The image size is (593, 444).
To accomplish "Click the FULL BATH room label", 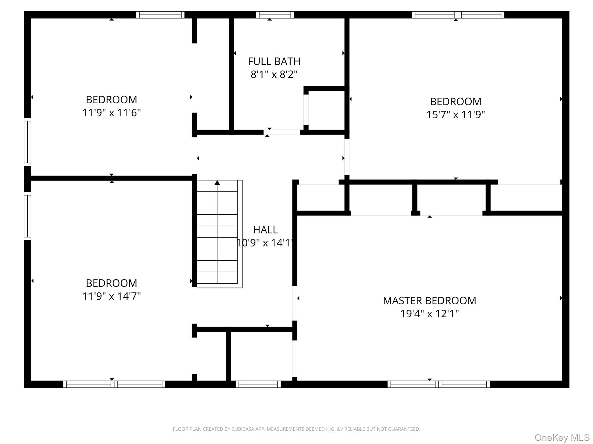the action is [274, 61].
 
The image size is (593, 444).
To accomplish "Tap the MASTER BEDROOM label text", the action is [429, 301].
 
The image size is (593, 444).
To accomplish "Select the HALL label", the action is [266, 230].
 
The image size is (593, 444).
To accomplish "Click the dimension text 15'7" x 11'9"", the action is [455, 115].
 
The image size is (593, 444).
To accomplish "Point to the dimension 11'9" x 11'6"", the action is [111, 113].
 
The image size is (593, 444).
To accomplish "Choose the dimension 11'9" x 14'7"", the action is [111, 296].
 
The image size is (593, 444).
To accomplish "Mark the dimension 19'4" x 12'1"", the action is [429, 314].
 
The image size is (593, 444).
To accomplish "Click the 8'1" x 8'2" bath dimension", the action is [274, 75].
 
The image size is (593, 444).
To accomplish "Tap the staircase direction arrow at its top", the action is [217, 183].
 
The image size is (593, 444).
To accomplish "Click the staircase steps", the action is [217, 234].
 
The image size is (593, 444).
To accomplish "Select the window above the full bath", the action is [275, 15].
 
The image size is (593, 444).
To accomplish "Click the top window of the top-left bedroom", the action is [160, 15].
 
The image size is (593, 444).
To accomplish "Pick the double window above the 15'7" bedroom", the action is [458, 15].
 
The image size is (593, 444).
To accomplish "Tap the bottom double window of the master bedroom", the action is [438, 384].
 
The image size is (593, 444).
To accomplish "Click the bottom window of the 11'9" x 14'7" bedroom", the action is [114, 384].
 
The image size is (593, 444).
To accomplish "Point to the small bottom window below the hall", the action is [258, 384].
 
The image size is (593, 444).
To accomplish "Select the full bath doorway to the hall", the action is [282, 132].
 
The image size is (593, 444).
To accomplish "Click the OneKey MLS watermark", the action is [562, 438].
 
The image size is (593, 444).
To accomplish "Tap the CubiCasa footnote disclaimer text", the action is [296, 429].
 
